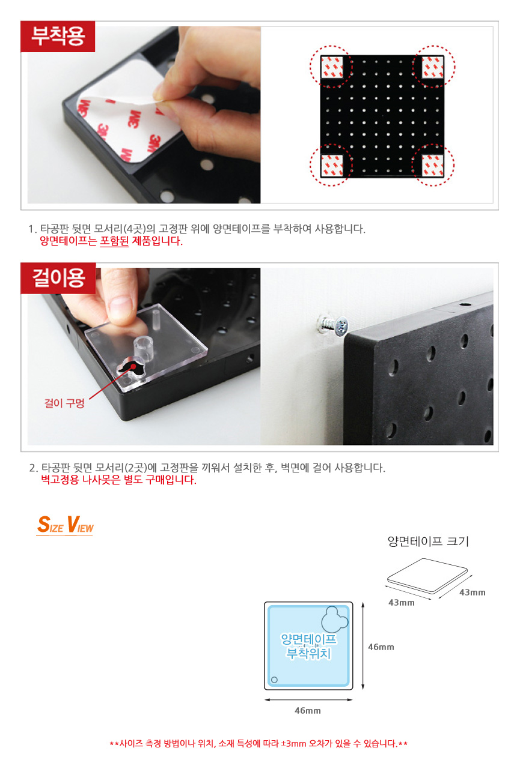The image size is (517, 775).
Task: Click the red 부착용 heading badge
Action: pyautogui.click(x=58, y=37)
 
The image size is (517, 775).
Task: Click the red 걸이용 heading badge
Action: pyautogui.click(x=58, y=278)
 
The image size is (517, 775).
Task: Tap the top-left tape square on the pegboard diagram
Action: pyautogui.click(x=332, y=67)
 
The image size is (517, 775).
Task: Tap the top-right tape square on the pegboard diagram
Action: pyautogui.click(x=432, y=67)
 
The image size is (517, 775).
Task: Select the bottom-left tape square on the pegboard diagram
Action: pyautogui.click(x=332, y=165)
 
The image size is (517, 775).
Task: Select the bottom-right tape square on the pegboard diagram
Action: pyautogui.click(x=432, y=165)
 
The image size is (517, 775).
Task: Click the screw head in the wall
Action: pyautogui.click(x=341, y=326)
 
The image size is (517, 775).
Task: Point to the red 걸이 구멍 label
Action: pyautogui.click(x=64, y=403)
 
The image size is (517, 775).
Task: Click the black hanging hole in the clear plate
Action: pyautogui.click(x=130, y=368)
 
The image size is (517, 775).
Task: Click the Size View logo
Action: pyautogui.click(x=65, y=525)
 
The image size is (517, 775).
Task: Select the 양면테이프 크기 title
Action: pyautogui.click(x=428, y=541)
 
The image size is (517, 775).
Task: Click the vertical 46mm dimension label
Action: pyautogui.click(x=381, y=647)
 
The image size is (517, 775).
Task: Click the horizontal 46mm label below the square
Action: pyautogui.click(x=308, y=711)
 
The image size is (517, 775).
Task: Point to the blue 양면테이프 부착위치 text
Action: pyautogui.click(x=308, y=647)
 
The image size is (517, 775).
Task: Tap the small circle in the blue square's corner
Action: pyautogui.click(x=274, y=680)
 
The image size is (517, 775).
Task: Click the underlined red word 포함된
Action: pyautogui.click(x=114, y=241)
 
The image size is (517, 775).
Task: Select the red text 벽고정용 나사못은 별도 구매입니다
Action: pyautogui.click(x=118, y=480)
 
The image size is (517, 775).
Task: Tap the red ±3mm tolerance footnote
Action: pyautogui.click(x=258, y=743)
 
